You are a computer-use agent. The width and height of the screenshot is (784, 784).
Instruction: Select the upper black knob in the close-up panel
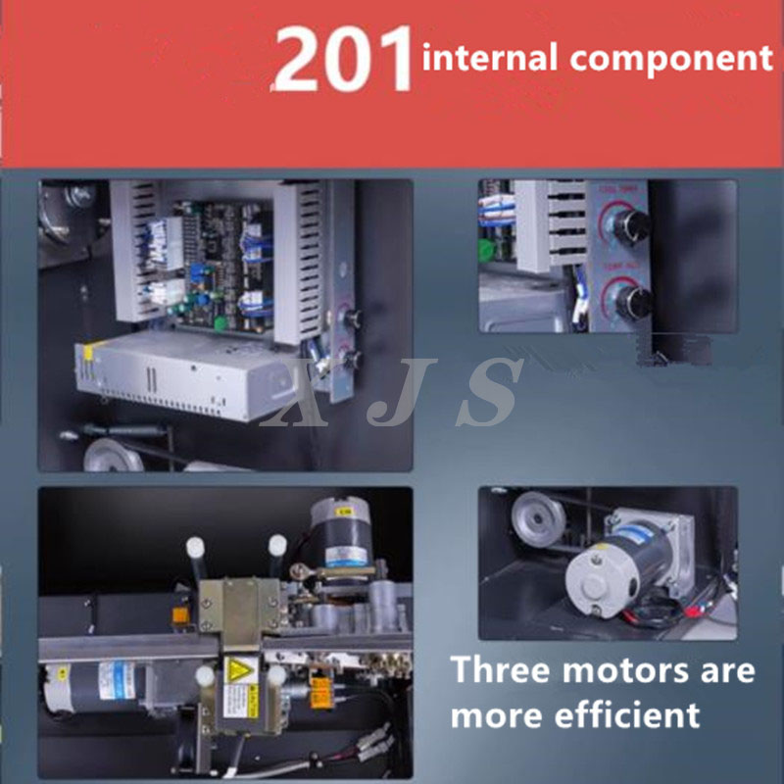(631, 223)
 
